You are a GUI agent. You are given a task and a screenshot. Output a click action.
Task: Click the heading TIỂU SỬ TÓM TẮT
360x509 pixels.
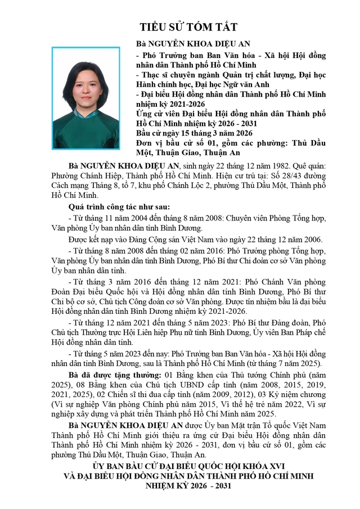point(189,27)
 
